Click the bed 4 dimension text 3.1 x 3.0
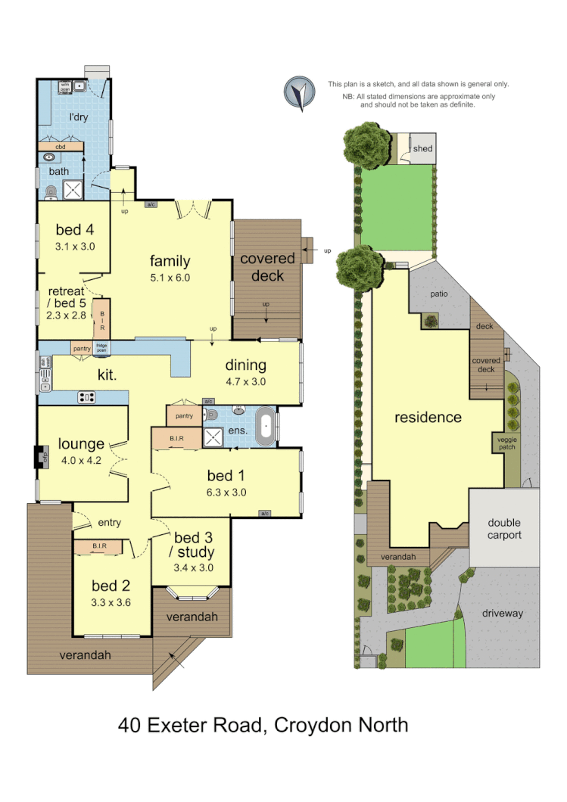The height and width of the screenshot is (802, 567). pyautogui.click(x=74, y=246)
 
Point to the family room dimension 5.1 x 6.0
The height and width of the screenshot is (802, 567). pyautogui.click(x=170, y=277)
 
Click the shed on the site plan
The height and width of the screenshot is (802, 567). pyautogui.click(x=422, y=148)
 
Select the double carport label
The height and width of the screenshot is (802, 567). pyautogui.click(x=503, y=529)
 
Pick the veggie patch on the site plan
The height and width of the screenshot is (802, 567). pyautogui.click(x=506, y=442)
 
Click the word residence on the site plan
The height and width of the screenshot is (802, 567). pyautogui.click(x=428, y=417)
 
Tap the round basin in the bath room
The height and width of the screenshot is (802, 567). pyautogui.click(x=51, y=157)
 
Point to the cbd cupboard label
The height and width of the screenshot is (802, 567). pyautogui.click(x=61, y=147)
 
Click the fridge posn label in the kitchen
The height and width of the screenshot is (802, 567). pyautogui.click(x=101, y=348)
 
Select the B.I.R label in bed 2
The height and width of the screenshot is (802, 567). pyautogui.click(x=98, y=545)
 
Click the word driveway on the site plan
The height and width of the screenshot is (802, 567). pyautogui.click(x=502, y=614)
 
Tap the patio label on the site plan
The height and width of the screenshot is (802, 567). pyautogui.click(x=439, y=293)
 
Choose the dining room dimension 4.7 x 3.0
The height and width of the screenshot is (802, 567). pyautogui.click(x=245, y=382)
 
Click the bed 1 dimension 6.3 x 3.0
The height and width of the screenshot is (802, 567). pyautogui.click(x=226, y=493)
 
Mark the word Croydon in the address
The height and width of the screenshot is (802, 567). pyautogui.click(x=310, y=725)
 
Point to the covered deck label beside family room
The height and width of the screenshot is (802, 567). pyautogui.click(x=267, y=266)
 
